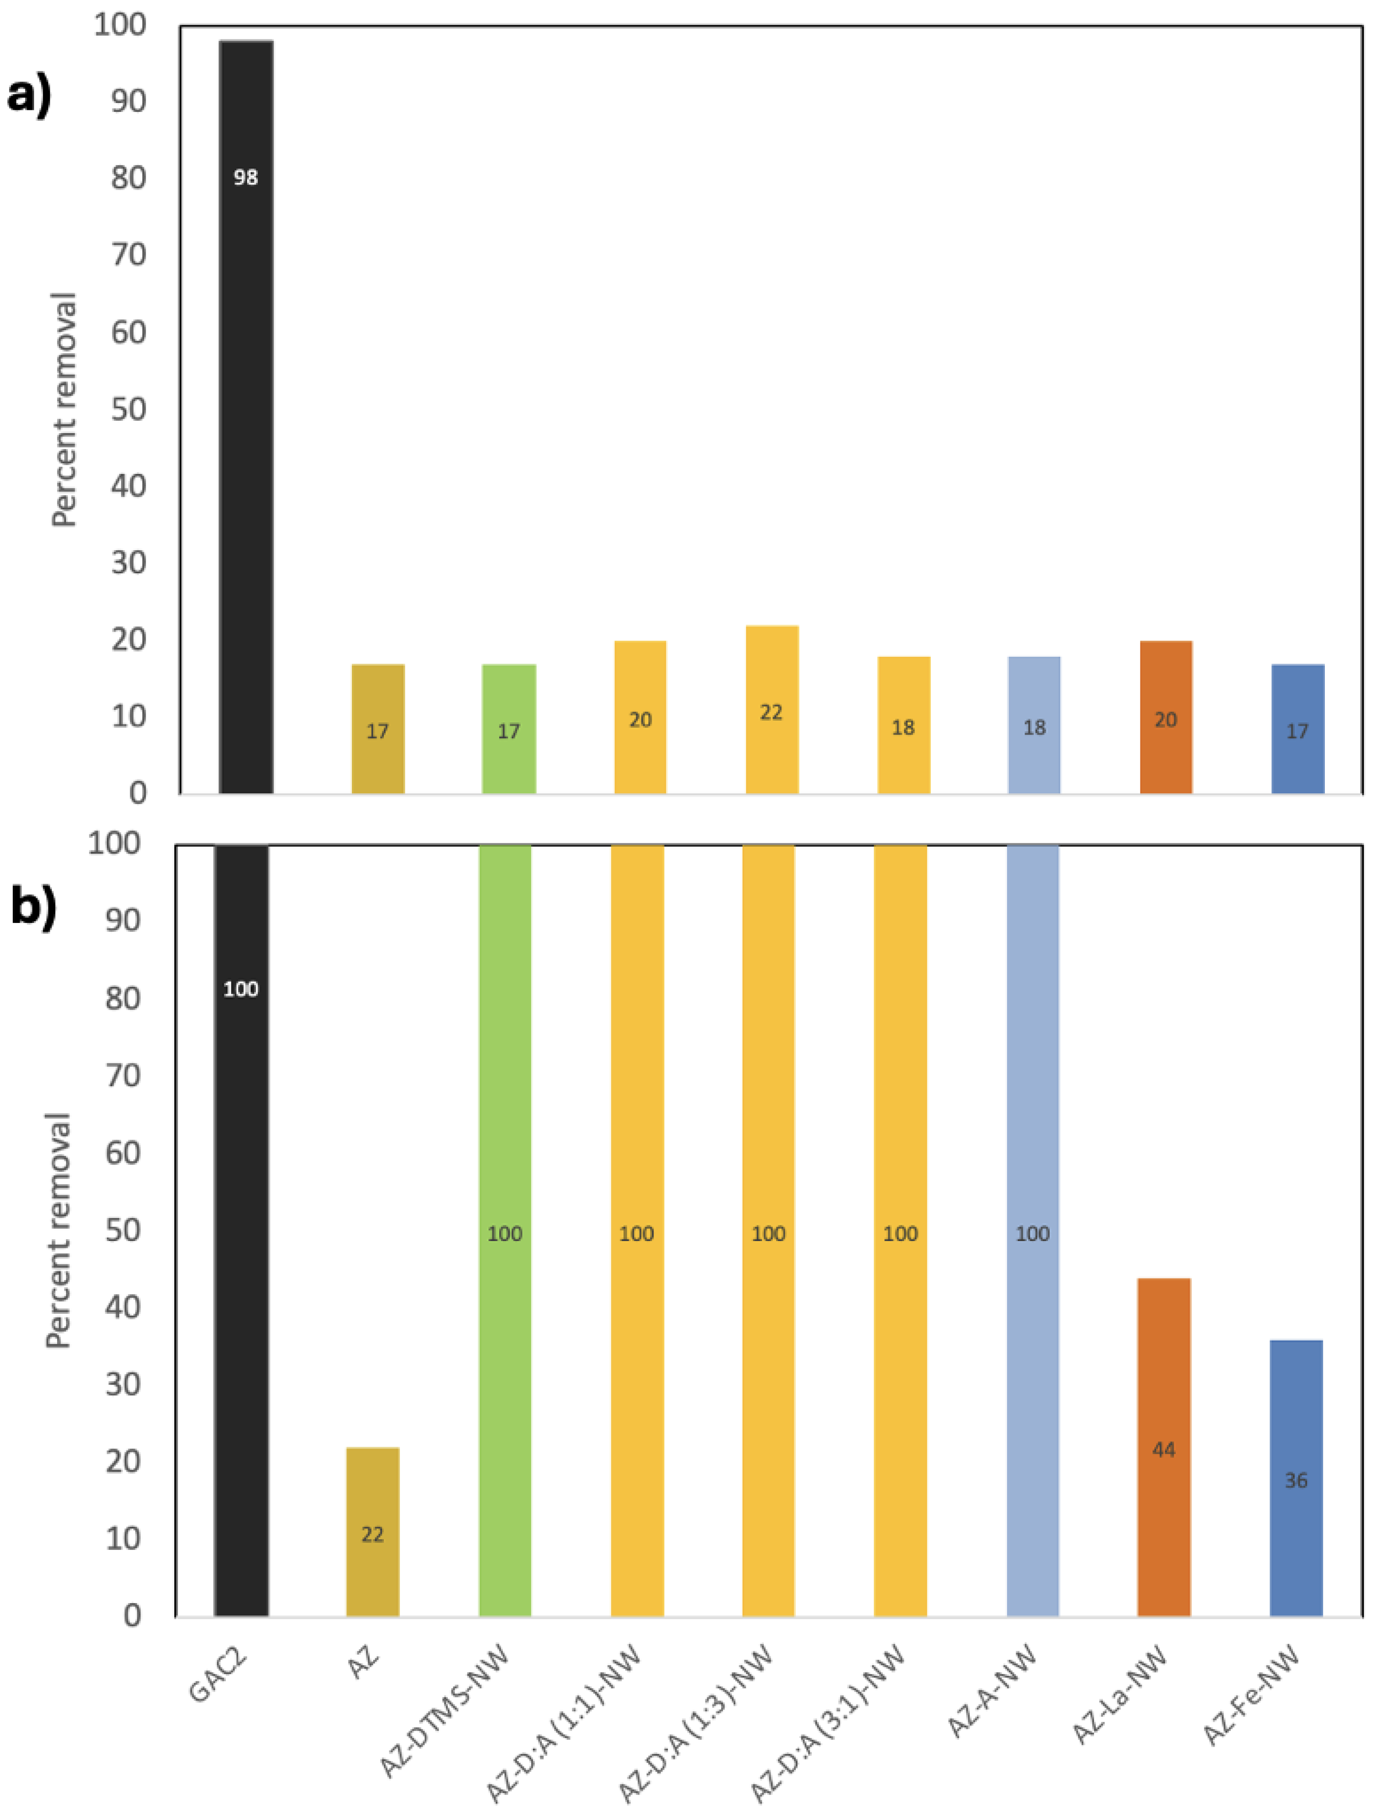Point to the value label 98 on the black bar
pyautogui.click(x=246, y=177)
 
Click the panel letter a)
pyautogui.click(x=29, y=94)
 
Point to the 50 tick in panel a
pyautogui.click(x=129, y=409)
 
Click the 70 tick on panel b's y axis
pyautogui.click(x=123, y=1075)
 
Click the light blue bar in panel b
pyautogui.click(x=1033, y=1230)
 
